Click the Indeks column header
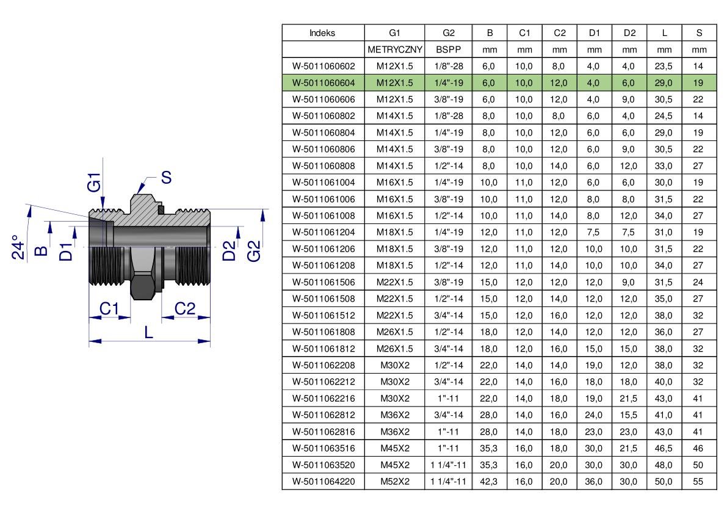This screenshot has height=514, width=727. tap(322, 33)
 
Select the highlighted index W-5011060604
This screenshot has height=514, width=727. tap(323, 83)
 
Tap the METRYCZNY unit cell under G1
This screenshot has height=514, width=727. tap(394, 49)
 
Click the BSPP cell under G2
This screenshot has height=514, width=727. tap(449, 49)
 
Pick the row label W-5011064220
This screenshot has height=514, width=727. tap(323, 482)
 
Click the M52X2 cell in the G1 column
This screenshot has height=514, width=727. tap(394, 482)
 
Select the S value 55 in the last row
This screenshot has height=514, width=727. tap(698, 482)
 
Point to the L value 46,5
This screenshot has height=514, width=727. tap(663, 448)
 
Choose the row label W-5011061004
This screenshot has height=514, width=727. tap(323, 183)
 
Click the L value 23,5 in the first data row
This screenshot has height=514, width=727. tap(663, 67)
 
